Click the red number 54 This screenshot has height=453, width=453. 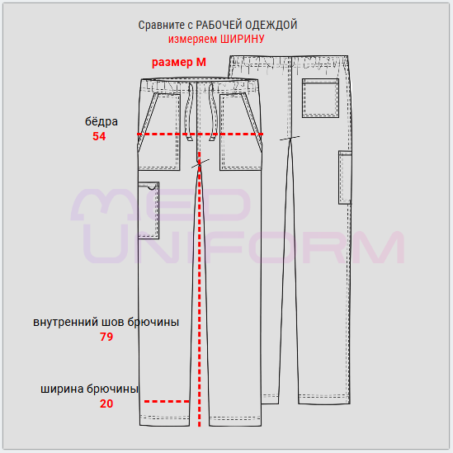tap(99, 136)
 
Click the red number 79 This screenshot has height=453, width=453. tap(106, 337)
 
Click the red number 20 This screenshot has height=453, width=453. tap(106, 403)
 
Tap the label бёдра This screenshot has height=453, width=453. tap(101, 121)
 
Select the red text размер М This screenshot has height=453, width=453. tap(179, 63)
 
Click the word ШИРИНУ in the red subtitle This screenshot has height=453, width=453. tap(243, 39)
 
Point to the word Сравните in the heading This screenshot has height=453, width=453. tap(161, 25)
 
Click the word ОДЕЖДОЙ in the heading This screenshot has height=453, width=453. tap(271, 25)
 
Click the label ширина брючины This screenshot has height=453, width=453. tap(90, 389)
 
